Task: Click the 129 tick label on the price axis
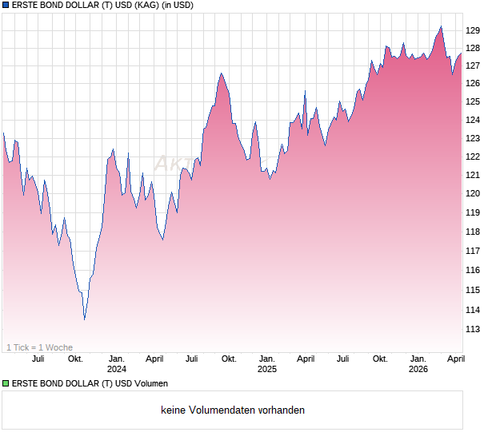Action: (473, 30)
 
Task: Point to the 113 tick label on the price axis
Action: (473, 329)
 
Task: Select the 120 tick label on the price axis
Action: (473, 194)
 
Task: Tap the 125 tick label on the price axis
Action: (473, 101)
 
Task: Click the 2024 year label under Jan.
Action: (117, 370)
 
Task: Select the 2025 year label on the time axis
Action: (267, 370)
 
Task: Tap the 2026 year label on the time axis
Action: (418, 370)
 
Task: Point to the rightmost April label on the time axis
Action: (455, 359)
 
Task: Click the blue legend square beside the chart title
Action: (6, 5)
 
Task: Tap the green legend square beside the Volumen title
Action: (6, 384)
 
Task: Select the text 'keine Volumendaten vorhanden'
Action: (233, 410)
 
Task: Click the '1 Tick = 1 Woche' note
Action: (40, 347)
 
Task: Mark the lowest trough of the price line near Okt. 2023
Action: (85, 319)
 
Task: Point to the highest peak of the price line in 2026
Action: (441, 26)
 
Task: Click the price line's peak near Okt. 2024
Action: (221, 73)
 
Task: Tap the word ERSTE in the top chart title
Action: (26, 5)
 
